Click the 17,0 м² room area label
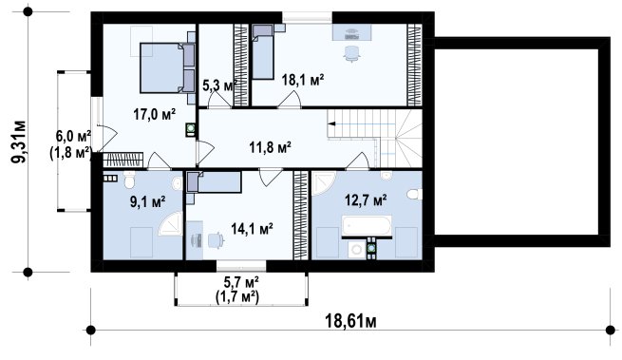coord(154,114)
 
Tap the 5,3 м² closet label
coord(220,85)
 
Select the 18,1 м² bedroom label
coord(303,80)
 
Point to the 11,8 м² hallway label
coord(270,147)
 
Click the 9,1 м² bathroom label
coord(147,202)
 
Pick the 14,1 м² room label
coord(252,229)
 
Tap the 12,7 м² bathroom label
coord(366,200)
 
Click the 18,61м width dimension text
coord(350,321)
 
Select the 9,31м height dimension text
coord(18,142)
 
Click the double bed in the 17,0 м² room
coord(167,67)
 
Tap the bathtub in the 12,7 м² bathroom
coord(367,226)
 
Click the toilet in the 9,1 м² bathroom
coord(129,180)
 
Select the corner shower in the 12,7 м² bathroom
coord(322,182)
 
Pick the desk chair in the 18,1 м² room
coord(351,53)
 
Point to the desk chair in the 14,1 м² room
coord(216,240)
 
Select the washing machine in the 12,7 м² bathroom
coord(357,250)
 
